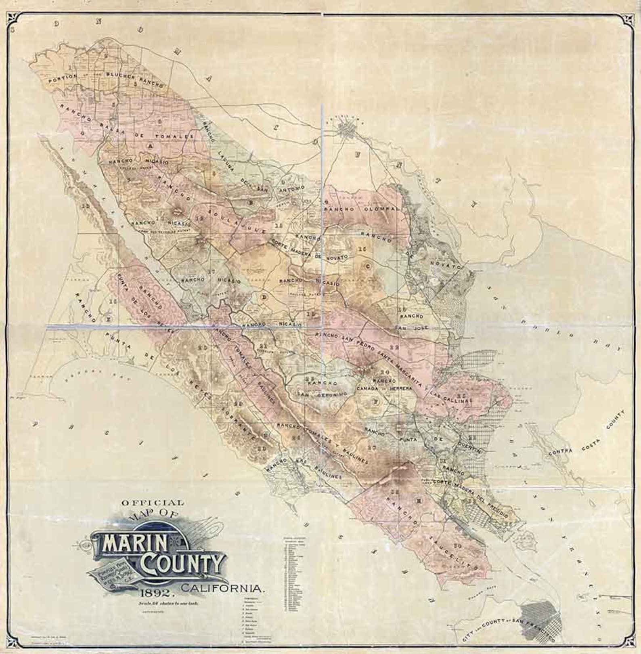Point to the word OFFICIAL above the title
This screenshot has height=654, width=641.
(153, 503)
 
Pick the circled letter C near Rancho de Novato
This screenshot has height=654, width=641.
(367, 266)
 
